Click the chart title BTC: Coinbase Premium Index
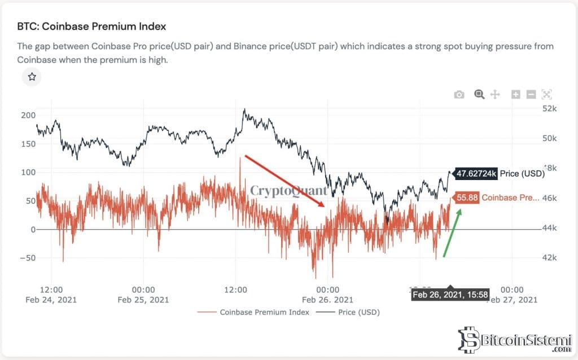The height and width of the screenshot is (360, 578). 91,27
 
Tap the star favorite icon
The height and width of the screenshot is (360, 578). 32,76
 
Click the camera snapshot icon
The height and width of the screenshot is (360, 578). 459,94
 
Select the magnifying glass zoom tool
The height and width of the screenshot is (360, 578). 479,94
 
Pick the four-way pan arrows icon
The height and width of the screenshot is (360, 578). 495,94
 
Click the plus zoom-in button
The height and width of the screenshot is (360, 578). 515,94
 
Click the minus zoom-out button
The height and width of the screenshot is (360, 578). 531,94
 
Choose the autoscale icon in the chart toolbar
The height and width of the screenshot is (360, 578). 546,94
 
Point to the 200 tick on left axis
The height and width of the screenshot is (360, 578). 28,115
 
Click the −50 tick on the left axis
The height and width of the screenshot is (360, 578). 26,258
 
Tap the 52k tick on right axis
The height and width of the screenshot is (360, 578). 549,108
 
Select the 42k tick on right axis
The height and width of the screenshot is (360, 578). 549,258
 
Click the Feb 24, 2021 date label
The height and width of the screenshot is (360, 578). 51,300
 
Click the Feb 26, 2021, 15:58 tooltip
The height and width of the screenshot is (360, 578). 450,295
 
